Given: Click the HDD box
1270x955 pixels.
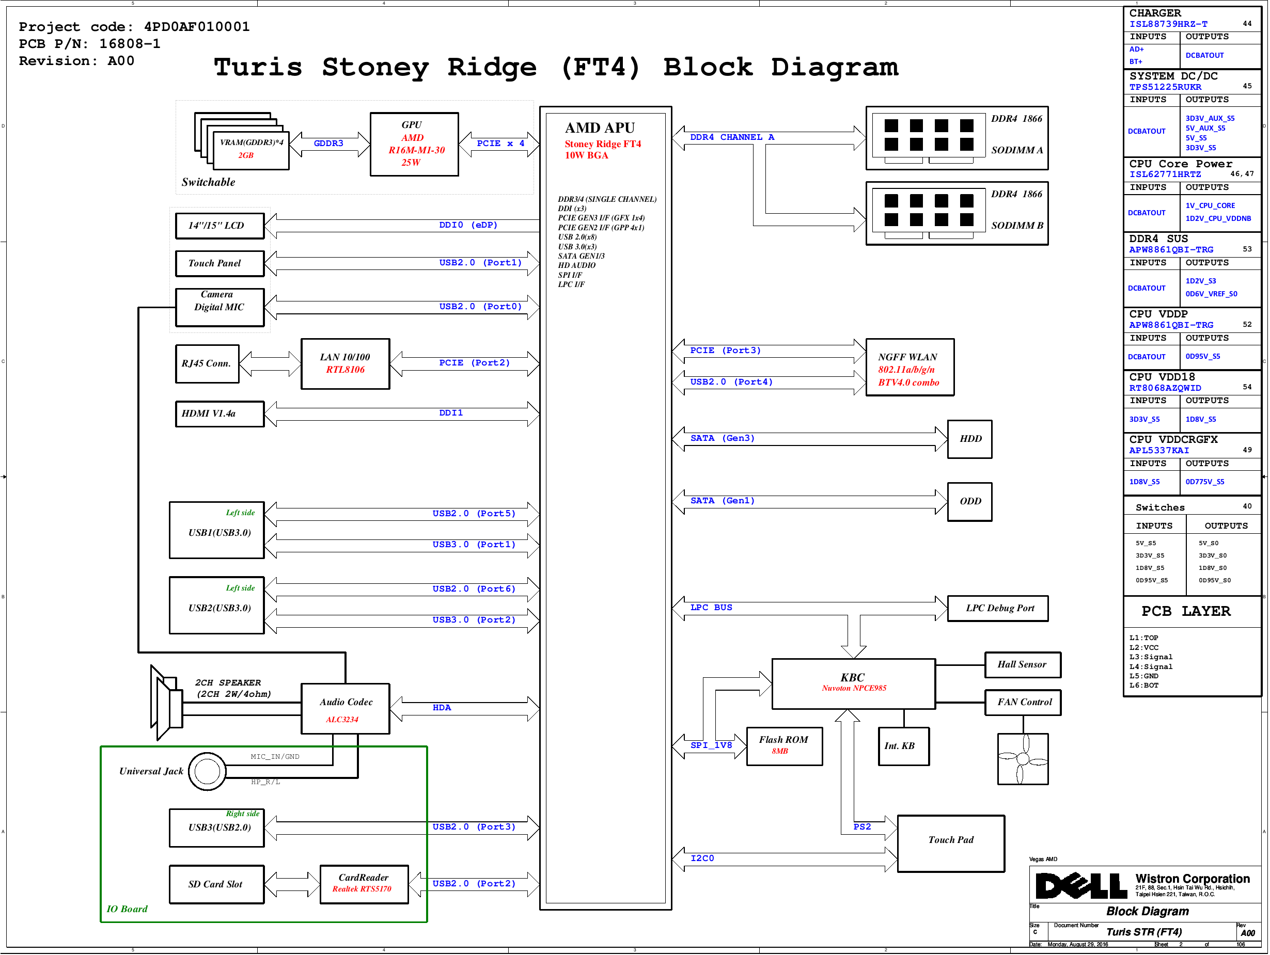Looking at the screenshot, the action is tap(970, 439).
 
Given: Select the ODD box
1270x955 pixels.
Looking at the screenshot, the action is tap(970, 502).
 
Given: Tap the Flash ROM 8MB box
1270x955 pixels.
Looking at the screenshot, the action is tap(785, 746).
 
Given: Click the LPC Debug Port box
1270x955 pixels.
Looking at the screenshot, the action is tap(998, 608).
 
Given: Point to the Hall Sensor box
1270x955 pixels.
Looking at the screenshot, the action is tap(1023, 664).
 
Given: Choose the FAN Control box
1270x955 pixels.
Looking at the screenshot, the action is tap(1023, 703).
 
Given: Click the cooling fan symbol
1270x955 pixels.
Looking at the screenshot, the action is tap(1023, 759).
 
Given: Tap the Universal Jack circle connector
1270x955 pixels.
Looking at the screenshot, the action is tap(207, 771).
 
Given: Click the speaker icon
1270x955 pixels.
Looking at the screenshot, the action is tap(166, 702).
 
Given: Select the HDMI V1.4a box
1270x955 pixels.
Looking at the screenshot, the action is tap(220, 414).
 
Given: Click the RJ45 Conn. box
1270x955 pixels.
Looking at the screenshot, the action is tap(207, 364).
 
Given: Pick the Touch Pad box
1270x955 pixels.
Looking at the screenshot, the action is tap(951, 843).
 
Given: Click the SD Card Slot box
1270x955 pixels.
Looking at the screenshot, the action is tap(216, 884).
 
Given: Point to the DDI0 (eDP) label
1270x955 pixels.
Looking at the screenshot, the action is tap(468, 225).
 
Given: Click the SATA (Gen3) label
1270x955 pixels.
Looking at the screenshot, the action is tap(722, 438).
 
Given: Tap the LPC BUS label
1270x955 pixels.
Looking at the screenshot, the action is tap(711, 608).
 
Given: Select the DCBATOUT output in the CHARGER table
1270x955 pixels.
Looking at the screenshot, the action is tap(1204, 56).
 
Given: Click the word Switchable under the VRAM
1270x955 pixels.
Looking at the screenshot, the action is tap(209, 183).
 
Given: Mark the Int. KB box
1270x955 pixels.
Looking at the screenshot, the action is tap(903, 746).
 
